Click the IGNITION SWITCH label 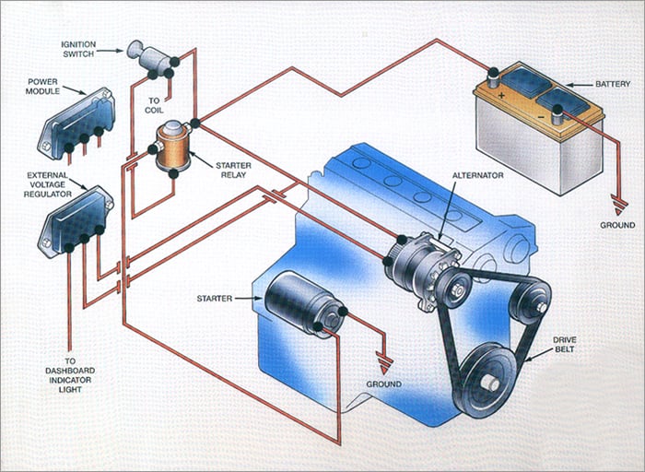78,49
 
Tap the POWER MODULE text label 42,87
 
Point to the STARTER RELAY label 233,170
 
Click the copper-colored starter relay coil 172,149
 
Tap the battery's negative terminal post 558,114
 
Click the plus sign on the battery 501,96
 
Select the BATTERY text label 613,84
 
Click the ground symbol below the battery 618,206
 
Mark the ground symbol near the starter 384,364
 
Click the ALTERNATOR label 478,175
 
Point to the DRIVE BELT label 564,345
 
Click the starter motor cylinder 303,303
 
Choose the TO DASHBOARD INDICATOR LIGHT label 70,375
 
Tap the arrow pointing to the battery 580,85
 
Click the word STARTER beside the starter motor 215,299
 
